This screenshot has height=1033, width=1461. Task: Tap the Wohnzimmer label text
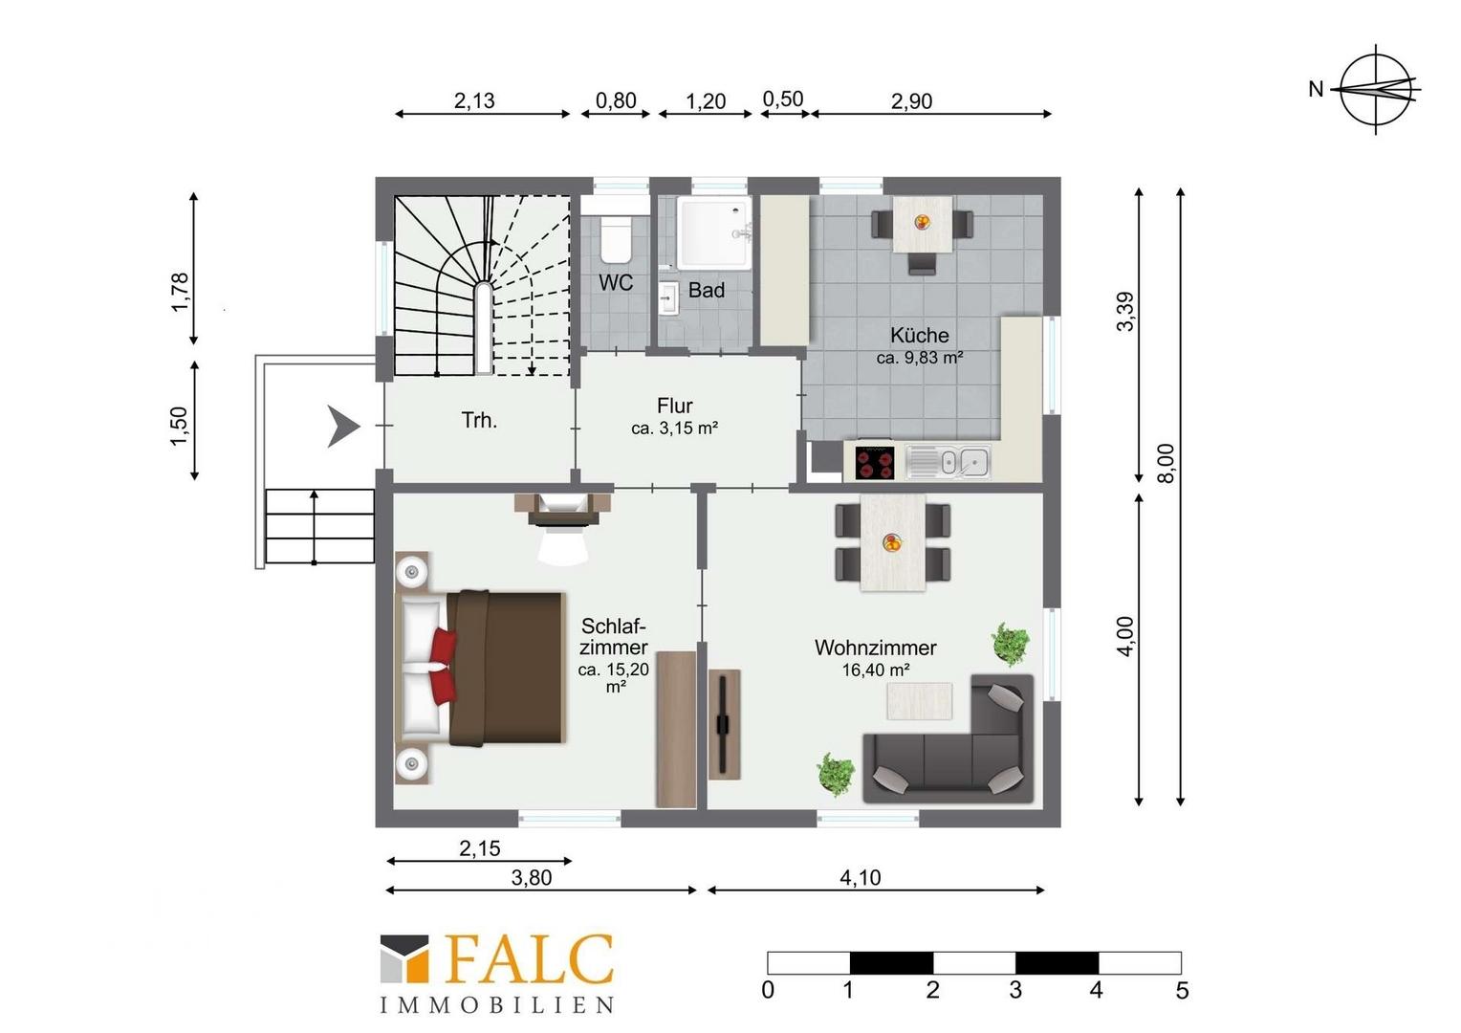pyautogui.click(x=875, y=648)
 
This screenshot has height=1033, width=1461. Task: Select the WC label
pyautogui.click(x=616, y=282)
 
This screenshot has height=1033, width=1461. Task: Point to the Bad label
pyautogui.click(x=707, y=290)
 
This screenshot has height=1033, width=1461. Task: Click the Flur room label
pyautogui.click(x=674, y=406)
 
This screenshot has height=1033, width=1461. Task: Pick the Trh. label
pyautogui.click(x=479, y=420)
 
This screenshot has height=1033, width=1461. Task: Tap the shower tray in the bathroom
pyautogui.click(x=714, y=232)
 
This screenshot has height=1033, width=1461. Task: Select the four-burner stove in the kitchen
pyautogui.click(x=873, y=462)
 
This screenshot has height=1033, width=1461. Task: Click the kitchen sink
pyautogui.click(x=948, y=462)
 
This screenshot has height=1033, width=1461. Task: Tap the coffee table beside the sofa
pyautogui.click(x=919, y=701)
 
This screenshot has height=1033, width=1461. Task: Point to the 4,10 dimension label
pyautogui.click(x=861, y=878)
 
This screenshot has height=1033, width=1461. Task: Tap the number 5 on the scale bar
pyautogui.click(x=1182, y=991)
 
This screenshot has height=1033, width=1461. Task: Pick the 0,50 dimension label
pyautogui.click(x=783, y=99)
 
